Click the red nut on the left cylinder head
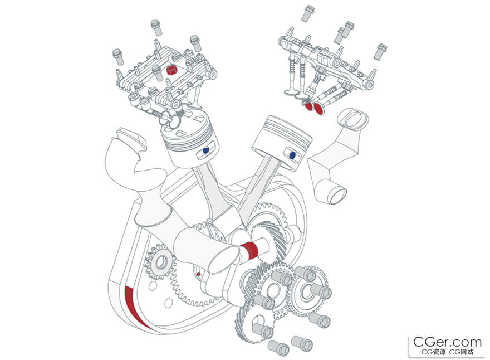click(172, 70)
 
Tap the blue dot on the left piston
click(206, 150)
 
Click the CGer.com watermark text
click(447, 342)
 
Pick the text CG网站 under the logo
click(462, 352)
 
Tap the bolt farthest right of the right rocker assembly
click(381, 50)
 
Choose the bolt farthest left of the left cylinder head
click(117, 55)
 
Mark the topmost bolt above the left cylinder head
click(155, 26)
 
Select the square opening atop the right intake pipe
click(353, 118)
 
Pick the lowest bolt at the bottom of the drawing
click(278, 347)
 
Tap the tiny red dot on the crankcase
click(198, 274)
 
